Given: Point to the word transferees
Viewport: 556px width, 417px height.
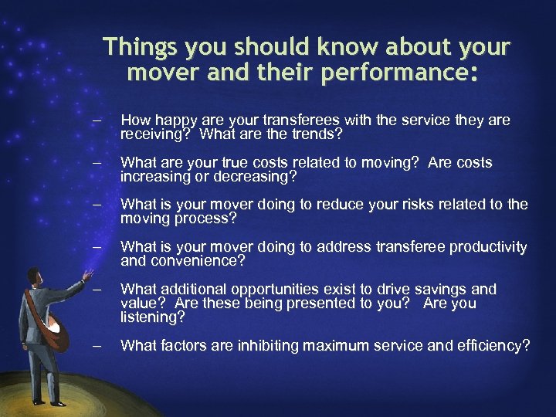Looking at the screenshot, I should click(300, 121).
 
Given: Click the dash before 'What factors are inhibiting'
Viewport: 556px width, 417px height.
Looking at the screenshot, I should click(96, 346).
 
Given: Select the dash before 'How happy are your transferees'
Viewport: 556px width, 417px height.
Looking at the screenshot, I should click(96, 121).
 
